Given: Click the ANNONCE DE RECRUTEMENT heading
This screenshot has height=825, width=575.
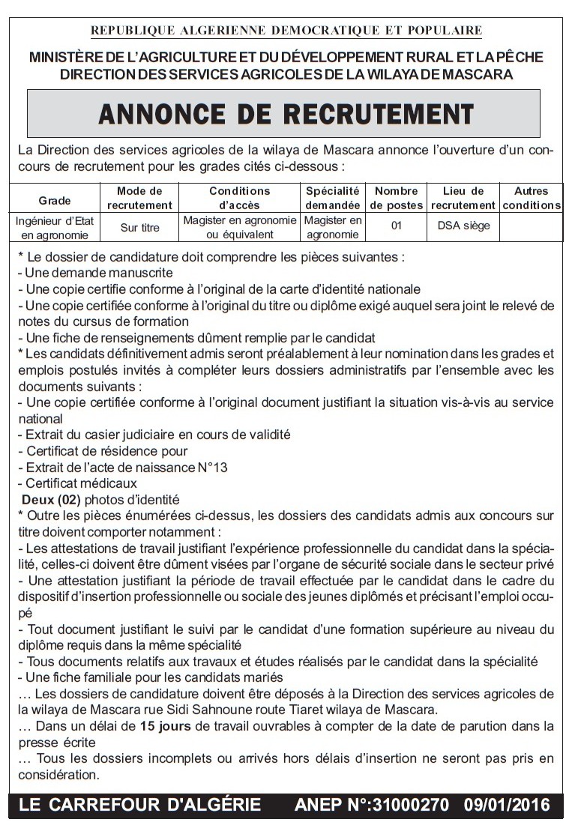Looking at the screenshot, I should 286,114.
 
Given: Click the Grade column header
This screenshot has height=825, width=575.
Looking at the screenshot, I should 55,200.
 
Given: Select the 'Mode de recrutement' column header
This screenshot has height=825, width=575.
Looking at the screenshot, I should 139,199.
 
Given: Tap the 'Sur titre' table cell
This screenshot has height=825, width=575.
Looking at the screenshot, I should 139,227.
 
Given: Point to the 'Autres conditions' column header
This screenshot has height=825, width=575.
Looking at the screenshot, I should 531,199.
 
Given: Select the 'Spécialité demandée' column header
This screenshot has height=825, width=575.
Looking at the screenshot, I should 333,199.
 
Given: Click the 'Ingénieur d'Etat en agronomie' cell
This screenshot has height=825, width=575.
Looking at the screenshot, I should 55,227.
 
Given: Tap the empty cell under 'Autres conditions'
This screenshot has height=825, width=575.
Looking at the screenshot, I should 531,227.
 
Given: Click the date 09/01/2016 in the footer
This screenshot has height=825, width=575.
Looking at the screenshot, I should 507,806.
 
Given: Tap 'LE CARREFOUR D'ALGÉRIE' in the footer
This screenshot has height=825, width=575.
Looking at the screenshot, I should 140,806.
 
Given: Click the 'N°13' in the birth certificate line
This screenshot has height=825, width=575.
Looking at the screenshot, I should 211,468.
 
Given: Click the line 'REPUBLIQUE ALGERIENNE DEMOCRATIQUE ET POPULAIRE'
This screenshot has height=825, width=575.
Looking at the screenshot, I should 286,31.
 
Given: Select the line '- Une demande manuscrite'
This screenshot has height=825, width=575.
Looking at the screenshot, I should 95,273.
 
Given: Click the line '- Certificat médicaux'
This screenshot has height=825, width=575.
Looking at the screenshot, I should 77,483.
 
